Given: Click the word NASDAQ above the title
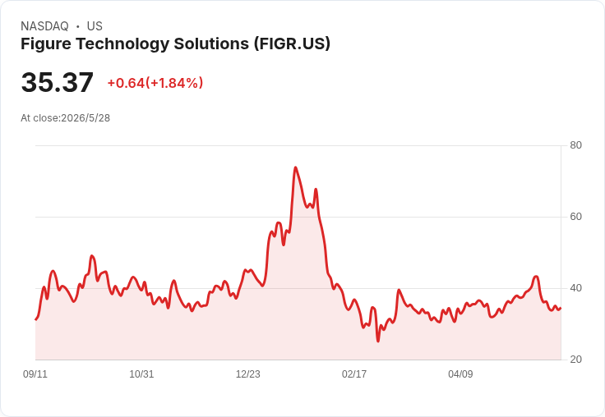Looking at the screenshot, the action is click(x=44, y=26).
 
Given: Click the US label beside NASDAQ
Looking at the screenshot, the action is click(x=95, y=26).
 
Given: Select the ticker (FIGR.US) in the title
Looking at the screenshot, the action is click(x=292, y=44).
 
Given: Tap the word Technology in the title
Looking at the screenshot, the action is click(x=122, y=44).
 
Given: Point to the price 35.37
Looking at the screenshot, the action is click(x=57, y=82).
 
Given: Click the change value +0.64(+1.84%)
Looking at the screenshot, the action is click(x=155, y=83).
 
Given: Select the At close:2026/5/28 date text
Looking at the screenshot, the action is click(x=65, y=118).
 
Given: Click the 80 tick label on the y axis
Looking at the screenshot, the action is click(x=575, y=145).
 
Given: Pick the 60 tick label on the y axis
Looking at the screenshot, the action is click(x=575, y=217).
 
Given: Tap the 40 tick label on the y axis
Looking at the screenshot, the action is click(x=575, y=288).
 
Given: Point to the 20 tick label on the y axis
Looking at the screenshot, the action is click(x=575, y=360).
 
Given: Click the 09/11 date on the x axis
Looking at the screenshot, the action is click(x=35, y=373).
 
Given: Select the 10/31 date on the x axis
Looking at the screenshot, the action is click(x=141, y=373).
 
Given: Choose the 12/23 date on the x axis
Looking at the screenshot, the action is click(x=247, y=373).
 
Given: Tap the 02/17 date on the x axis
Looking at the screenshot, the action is click(x=354, y=373).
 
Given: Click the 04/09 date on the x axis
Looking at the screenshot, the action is click(x=460, y=373).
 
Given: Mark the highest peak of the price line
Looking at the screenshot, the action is click(x=295, y=167).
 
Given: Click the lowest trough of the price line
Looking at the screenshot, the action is click(x=378, y=341).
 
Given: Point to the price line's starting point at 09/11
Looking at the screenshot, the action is click(x=36, y=319).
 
